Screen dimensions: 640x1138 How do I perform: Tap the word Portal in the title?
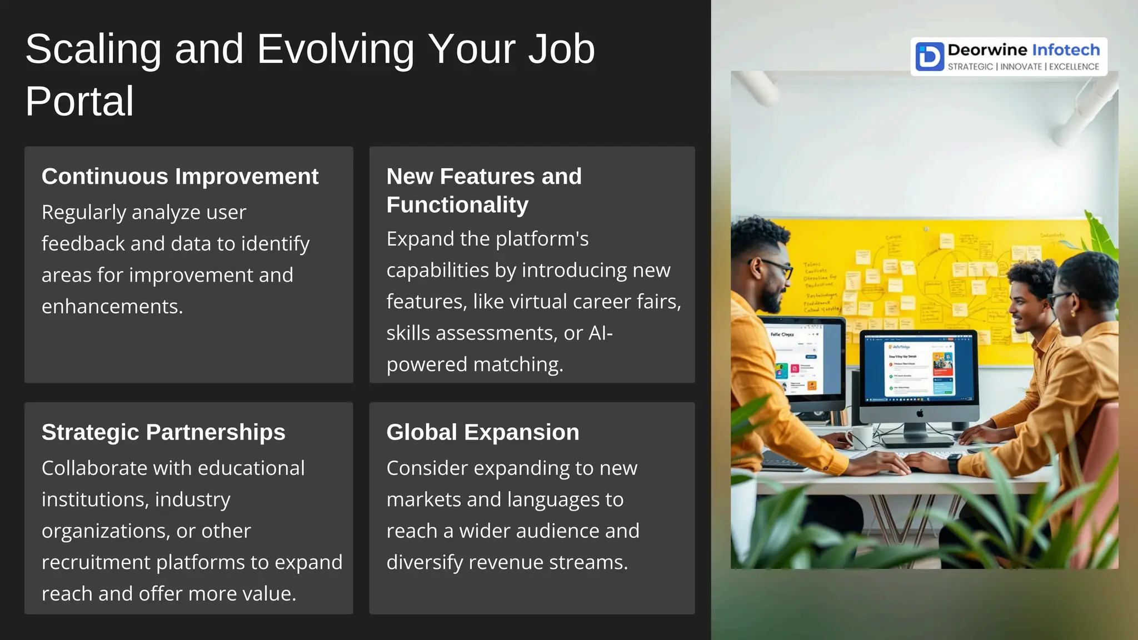(x=79, y=102)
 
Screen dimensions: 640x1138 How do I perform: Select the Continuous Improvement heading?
(x=179, y=177)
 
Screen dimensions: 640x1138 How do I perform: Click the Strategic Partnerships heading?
(x=163, y=432)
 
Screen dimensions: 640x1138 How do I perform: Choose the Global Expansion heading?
(x=482, y=432)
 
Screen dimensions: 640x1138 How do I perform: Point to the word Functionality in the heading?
(x=457, y=205)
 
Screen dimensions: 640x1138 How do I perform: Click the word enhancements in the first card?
(x=111, y=307)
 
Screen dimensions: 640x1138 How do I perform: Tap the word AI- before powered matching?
(x=600, y=333)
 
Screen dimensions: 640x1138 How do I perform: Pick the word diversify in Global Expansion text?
(x=425, y=563)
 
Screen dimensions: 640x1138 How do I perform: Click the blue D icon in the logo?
(x=930, y=56)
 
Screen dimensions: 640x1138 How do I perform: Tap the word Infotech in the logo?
(x=1065, y=50)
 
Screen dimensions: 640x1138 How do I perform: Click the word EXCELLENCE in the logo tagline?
(x=1074, y=67)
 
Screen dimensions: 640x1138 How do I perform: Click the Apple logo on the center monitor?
(x=920, y=413)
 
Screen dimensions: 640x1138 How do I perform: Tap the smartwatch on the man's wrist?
(x=954, y=463)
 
